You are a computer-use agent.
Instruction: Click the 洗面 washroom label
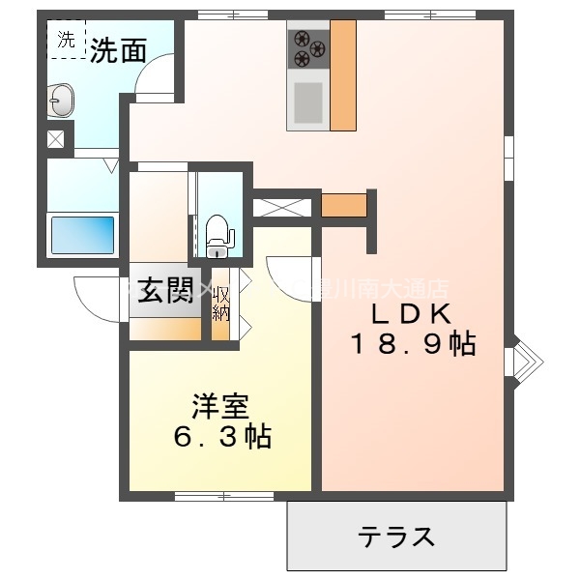(x=118, y=50)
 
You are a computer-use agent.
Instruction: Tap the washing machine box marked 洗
(x=66, y=41)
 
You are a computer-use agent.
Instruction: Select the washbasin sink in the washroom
(x=61, y=98)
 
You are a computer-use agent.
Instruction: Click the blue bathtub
(x=82, y=234)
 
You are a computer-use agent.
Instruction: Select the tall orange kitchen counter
(x=343, y=74)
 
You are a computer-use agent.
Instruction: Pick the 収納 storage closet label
(x=221, y=304)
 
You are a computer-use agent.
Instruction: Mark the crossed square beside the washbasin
(x=56, y=138)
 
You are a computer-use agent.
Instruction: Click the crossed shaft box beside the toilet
(x=283, y=206)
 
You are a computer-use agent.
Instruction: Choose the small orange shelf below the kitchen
(x=343, y=205)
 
